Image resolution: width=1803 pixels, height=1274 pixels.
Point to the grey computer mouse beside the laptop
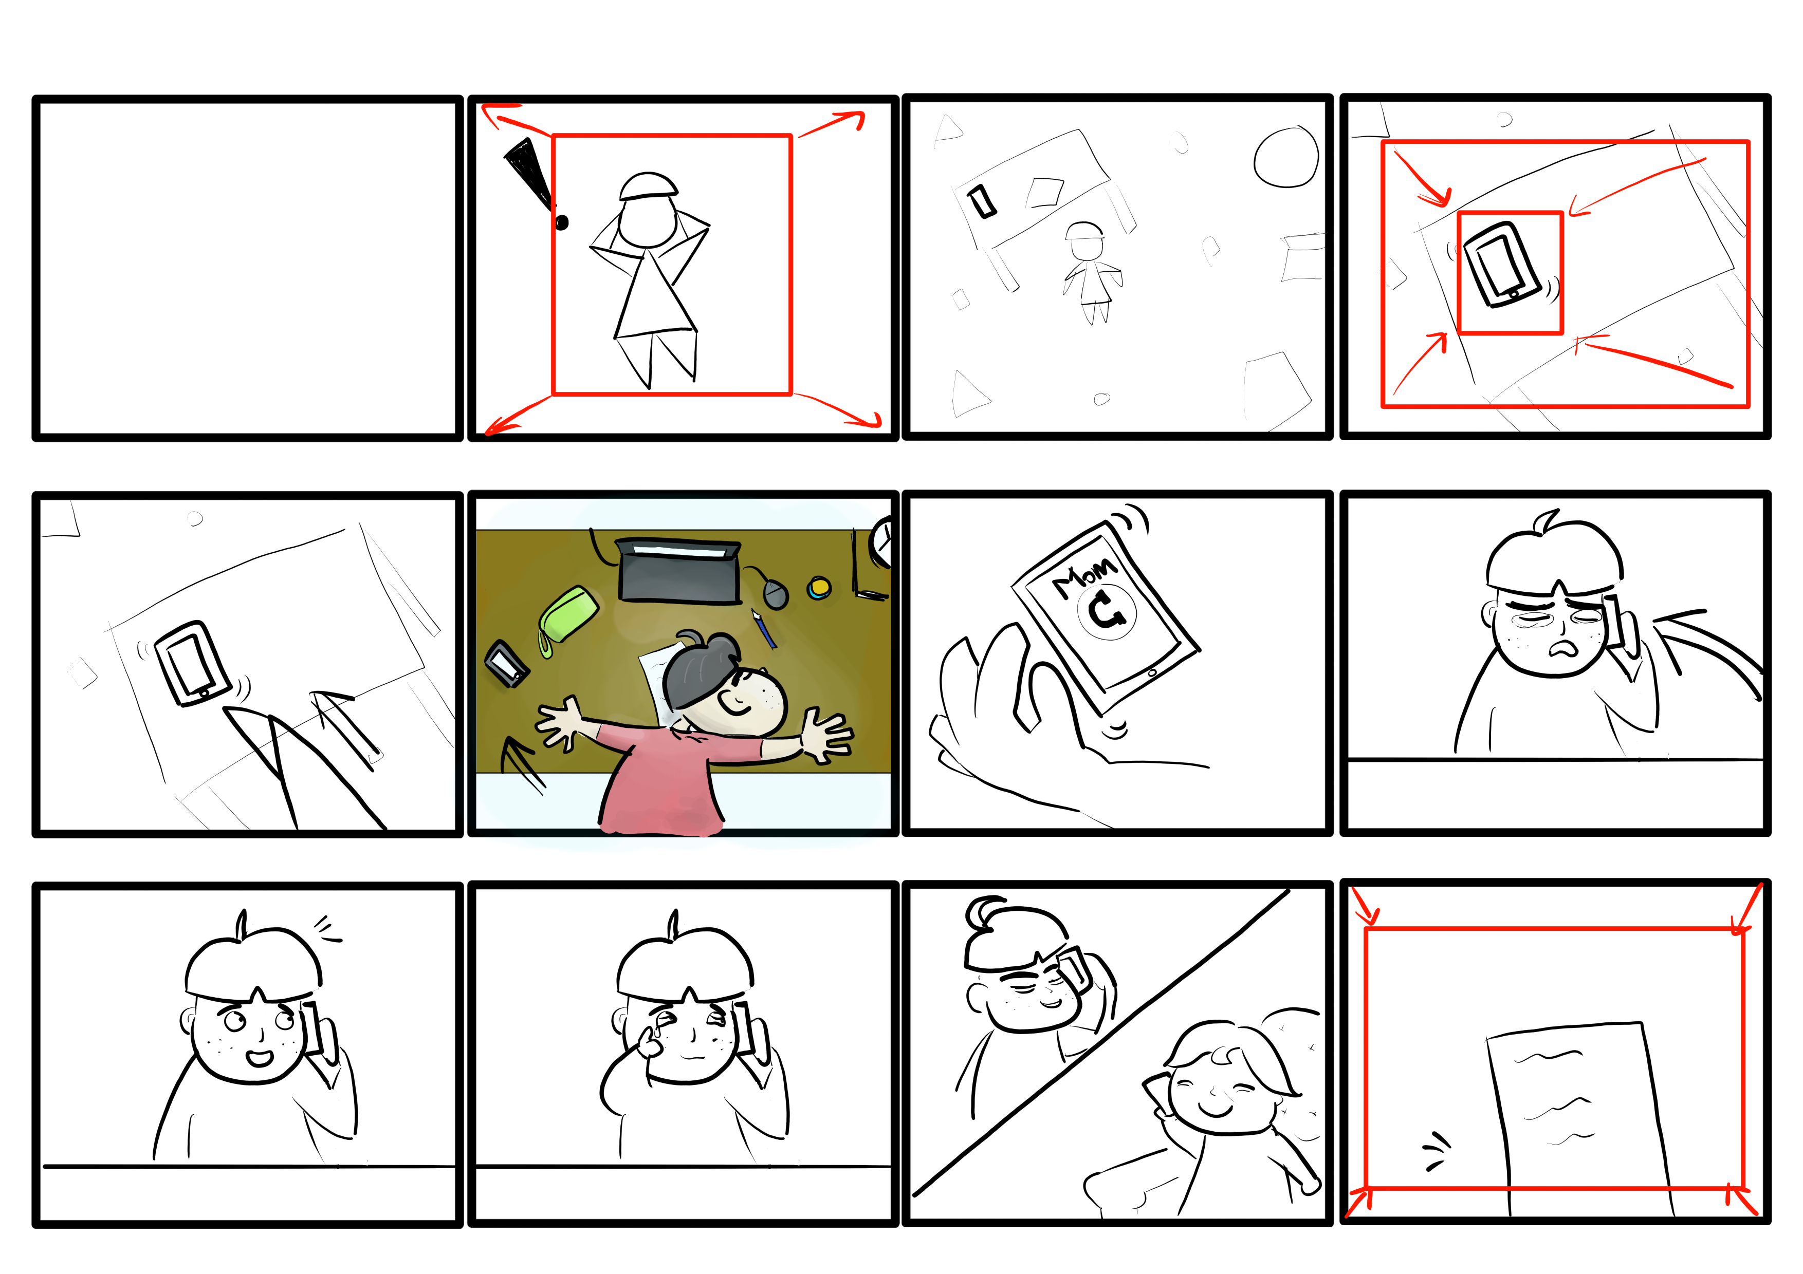coord(774,593)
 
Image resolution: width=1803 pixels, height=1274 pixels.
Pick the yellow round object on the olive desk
coord(818,587)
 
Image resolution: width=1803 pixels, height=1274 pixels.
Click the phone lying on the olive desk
coord(506,663)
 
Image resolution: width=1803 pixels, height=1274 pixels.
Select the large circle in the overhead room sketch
coord(1285,157)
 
